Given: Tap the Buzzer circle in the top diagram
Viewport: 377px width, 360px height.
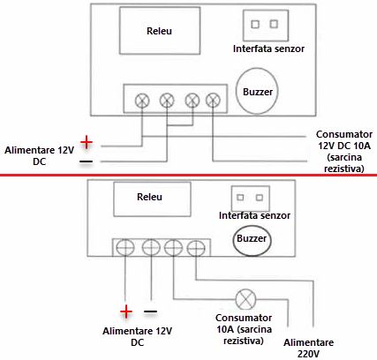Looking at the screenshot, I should click(258, 91).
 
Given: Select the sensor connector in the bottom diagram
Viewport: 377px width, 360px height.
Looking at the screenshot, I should click(248, 199).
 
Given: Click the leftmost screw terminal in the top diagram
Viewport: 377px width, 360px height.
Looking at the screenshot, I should click(141, 101).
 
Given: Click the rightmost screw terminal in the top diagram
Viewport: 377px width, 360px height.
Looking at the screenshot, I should click(212, 101).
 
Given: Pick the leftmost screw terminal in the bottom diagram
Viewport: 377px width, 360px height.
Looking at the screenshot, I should click(129, 248).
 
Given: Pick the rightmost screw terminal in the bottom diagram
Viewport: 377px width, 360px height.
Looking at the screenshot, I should click(194, 248).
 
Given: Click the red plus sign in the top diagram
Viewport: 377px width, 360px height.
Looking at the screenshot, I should click(86, 141).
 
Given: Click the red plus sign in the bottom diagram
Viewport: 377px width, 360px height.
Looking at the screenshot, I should click(127, 311).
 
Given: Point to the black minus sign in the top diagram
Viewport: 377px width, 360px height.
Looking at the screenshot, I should click(86, 162).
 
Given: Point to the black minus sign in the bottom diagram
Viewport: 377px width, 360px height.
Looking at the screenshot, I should click(151, 311).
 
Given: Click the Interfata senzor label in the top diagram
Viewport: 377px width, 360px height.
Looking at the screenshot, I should click(268, 48).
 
